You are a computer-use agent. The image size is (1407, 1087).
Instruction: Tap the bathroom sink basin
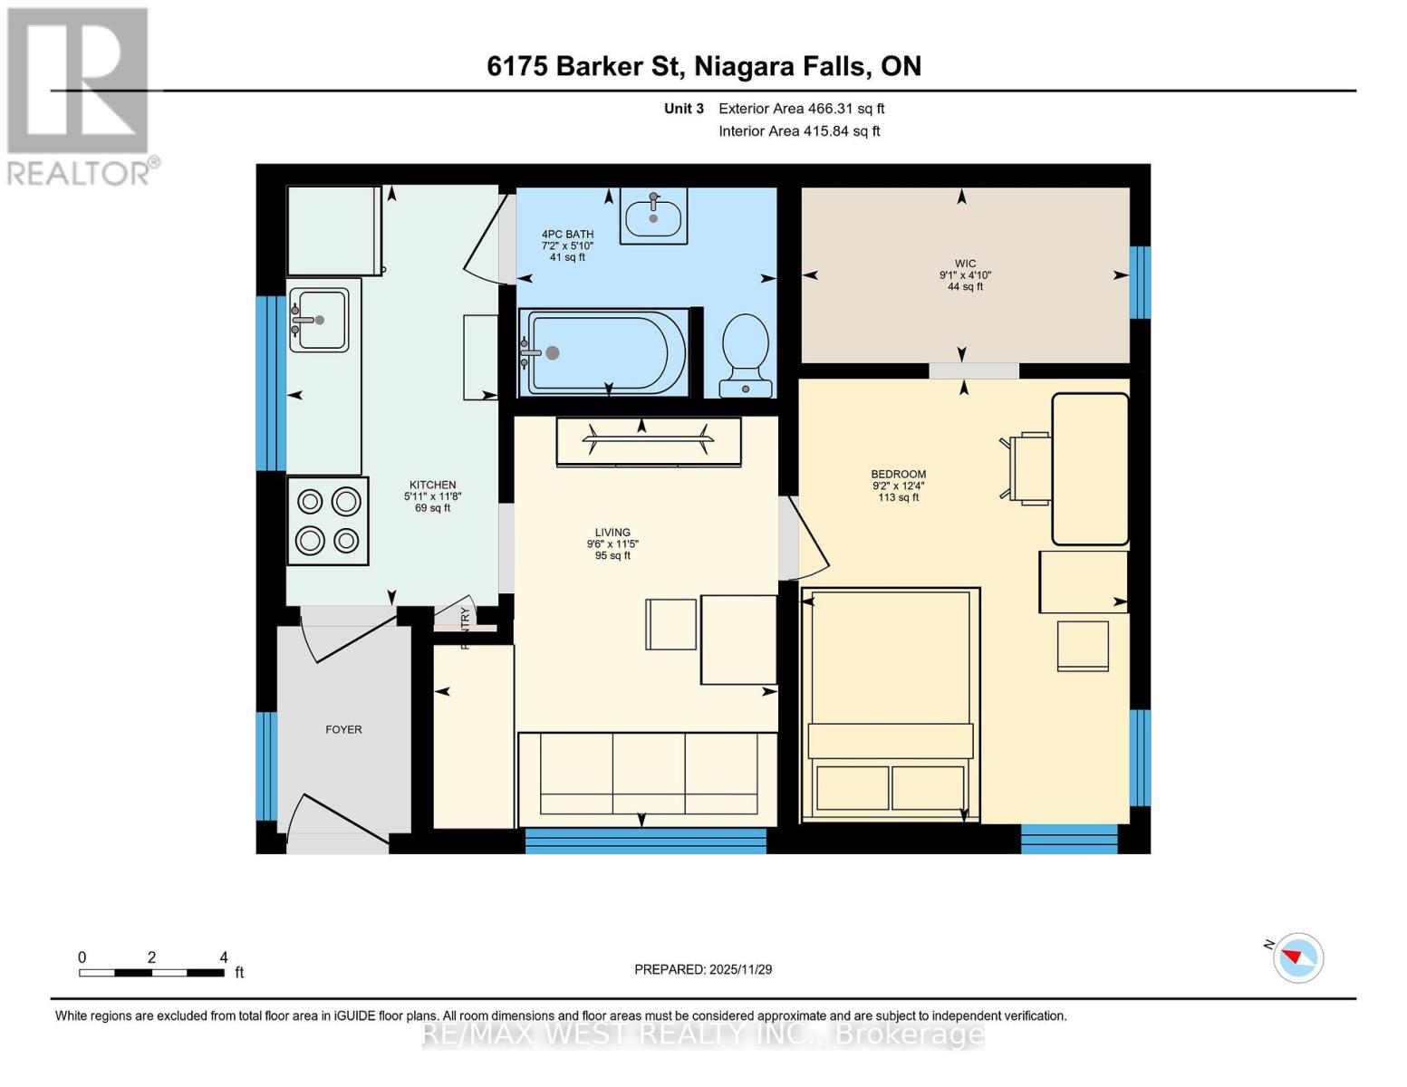click(653, 217)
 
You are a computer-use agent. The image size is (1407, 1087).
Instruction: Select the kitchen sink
click(319, 320)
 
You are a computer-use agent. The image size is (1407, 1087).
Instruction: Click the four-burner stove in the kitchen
click(328, 521)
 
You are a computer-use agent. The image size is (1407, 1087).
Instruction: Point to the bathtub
click(605, 352)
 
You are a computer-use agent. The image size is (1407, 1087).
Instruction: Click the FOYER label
click(343, 729)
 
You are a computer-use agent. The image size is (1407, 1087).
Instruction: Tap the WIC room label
click(965, 264)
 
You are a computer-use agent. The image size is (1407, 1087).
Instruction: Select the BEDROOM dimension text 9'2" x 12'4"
click(899, 486)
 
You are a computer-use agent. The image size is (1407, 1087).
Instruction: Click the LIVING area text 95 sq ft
click(612, 556)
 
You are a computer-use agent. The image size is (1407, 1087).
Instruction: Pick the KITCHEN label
click(432, 485)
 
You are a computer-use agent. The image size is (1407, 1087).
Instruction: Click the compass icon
click(1297, 957)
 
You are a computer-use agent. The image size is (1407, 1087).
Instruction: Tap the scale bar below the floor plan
click(151, 973)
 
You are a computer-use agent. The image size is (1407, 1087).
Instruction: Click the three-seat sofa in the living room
click(648, 774)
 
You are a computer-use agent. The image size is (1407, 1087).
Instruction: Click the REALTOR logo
click(79, 95)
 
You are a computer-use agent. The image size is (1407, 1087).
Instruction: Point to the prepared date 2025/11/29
click(703, 969)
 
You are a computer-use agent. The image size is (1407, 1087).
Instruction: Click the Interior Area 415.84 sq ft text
click(799, 131)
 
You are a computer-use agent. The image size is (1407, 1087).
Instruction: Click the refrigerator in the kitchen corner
click(333, 230)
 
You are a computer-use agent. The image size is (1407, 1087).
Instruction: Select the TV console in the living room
click(648, 441)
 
